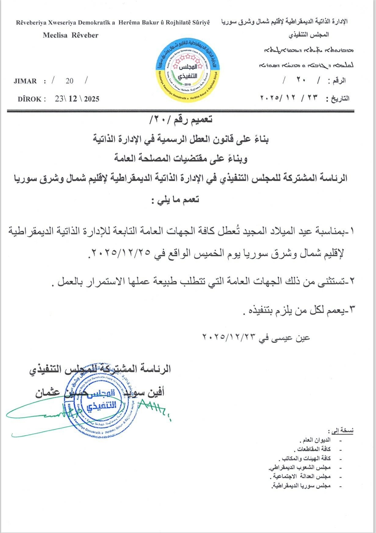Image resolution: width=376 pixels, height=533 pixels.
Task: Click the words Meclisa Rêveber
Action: point(71,35)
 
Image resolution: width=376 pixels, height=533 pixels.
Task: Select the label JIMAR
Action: point(25,81)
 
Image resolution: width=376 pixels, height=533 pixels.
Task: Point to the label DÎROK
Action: point(30,99)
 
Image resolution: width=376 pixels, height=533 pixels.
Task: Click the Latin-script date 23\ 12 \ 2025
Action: point(77,99)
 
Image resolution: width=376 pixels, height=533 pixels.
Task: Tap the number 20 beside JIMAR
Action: point(70,81)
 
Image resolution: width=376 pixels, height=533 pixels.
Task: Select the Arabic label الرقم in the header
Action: point(339,81)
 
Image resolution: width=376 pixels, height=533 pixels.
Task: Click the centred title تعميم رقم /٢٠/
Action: point(181,120)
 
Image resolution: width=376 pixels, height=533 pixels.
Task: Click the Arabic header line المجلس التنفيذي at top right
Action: point(309,35)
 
